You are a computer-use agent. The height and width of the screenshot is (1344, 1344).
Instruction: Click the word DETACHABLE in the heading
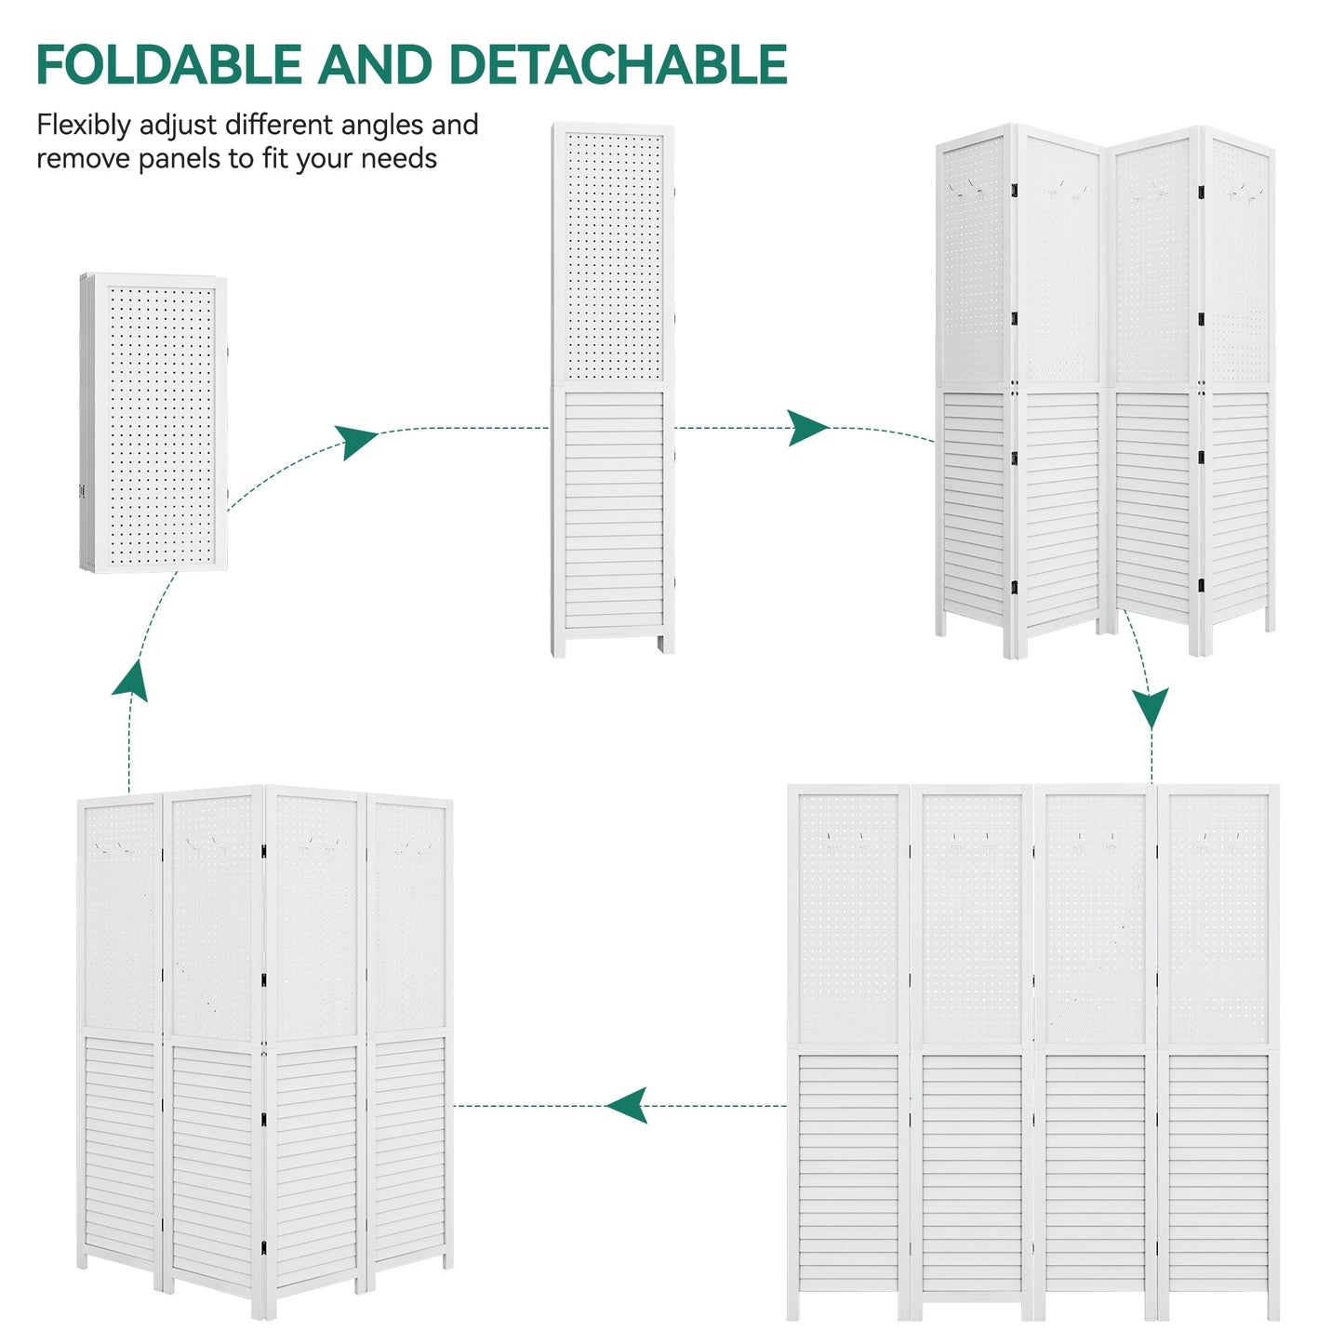click(x=618, y=65)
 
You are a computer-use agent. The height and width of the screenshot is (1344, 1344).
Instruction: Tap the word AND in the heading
click(x=375, y=65)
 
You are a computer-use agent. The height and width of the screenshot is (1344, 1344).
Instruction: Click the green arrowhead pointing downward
click(x=1151, y=707)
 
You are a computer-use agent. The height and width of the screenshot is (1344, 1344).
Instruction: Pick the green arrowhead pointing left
click(x=627, y=1106)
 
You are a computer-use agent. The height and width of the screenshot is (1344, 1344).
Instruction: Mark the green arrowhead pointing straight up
click(x=129, y=680)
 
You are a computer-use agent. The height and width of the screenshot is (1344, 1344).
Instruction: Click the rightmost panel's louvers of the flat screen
click(x=1218, y=1181)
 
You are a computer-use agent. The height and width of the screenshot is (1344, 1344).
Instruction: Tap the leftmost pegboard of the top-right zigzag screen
click(x=975, y=260)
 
